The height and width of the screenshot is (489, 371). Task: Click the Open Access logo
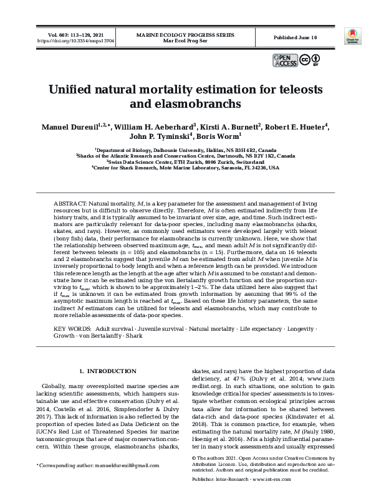[x=284, y=60]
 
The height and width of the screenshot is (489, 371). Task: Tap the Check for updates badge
[x=352, y=37]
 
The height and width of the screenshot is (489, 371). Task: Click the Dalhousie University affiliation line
[x=185, y=150]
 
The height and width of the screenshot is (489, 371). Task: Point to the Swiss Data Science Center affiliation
[x=185, y=162]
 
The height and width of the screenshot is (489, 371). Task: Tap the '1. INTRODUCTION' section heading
[x=110, y=371]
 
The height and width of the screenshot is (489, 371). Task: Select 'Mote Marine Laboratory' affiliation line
[x=185, y=168]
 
